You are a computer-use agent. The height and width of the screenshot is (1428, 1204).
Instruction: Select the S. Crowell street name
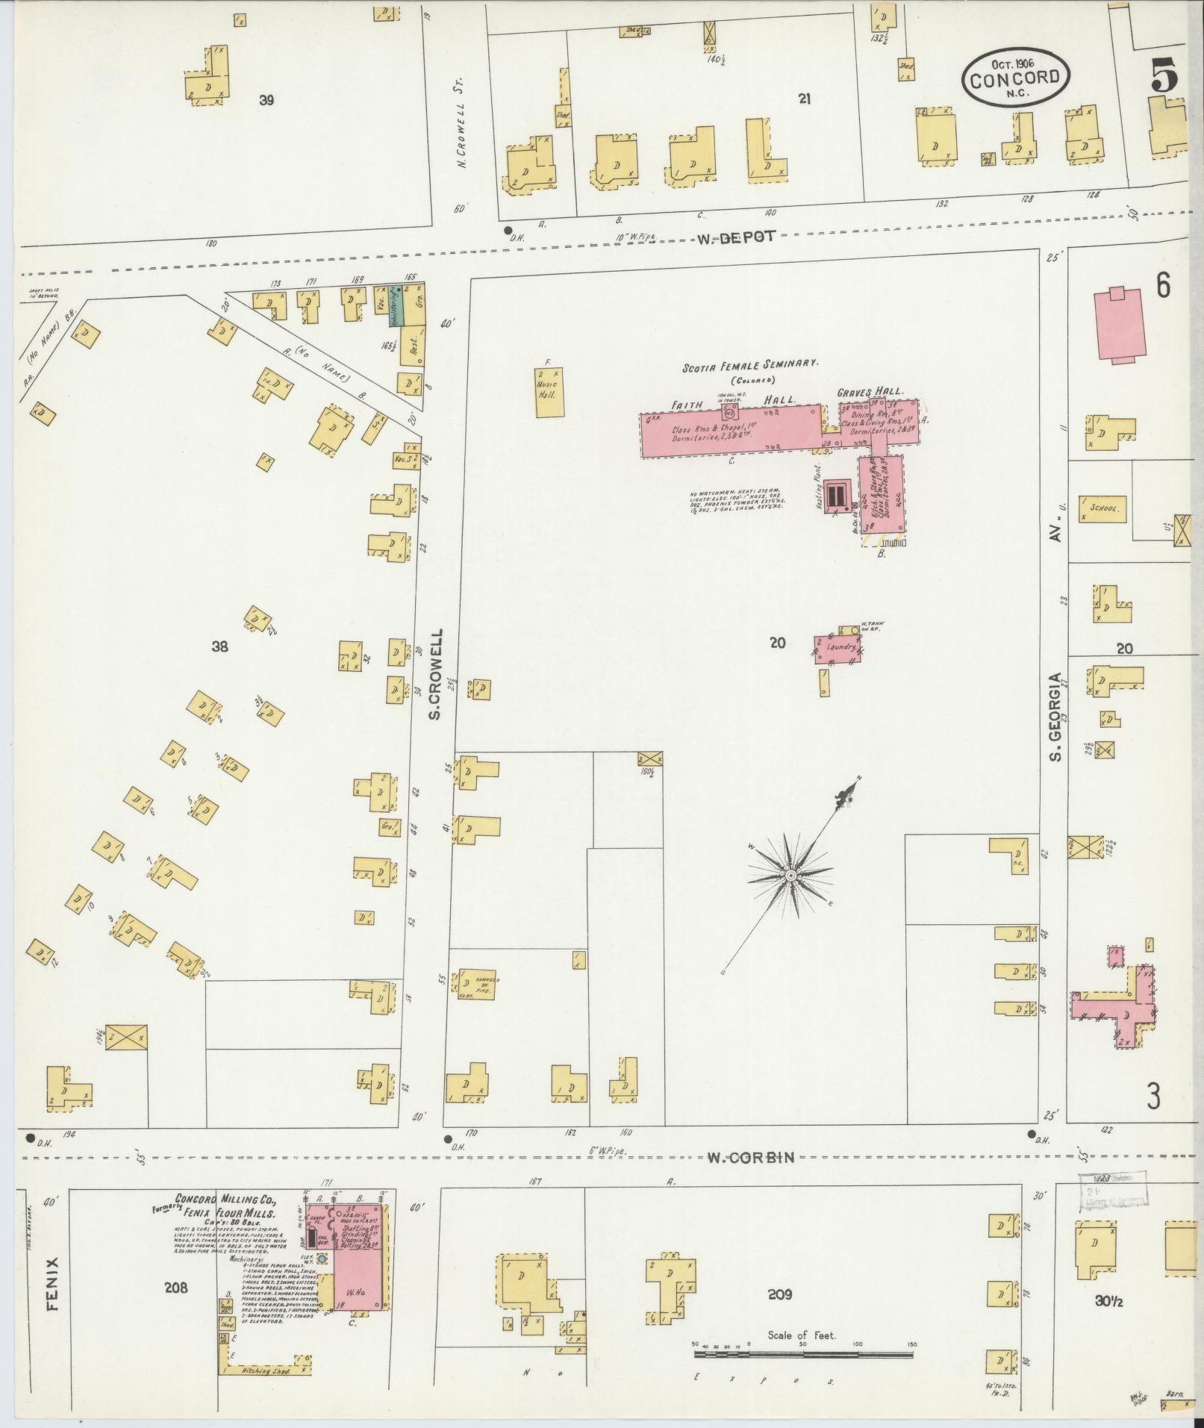(x=436, y=673)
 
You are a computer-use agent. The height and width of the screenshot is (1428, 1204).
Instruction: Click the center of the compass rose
(x=790, y=874)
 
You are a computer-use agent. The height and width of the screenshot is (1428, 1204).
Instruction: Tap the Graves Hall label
(x=870, y=392)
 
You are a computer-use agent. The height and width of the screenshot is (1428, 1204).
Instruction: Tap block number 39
(x=266, y=100)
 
